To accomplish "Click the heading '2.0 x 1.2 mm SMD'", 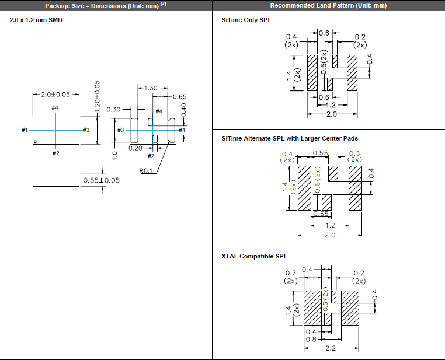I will [x=36, y=20].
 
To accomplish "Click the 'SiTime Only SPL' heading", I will [x=246, y=20].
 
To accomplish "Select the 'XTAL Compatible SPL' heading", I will [x=255, y=256].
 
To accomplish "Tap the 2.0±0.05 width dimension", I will [x=55, y=94].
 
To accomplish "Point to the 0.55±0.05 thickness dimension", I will [x=101, y=180].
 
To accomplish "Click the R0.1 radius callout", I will [x=146, y=171].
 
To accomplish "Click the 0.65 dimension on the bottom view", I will [x=179, y=97].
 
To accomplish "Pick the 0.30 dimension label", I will [x=113, y=109].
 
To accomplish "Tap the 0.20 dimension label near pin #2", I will [x=135, y=148].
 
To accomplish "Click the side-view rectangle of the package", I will [x=55, y=180].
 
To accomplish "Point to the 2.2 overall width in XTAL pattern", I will [x=331, y=348].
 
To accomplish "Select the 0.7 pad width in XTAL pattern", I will [x=291, y=273].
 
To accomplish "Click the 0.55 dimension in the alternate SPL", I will [x=320, y=153].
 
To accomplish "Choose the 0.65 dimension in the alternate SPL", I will [x=321, y=214].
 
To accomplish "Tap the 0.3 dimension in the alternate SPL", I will [x=354, y=153].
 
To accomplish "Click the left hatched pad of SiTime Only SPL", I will [x=312, y=72].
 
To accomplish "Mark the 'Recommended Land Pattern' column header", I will [x=328, y=5].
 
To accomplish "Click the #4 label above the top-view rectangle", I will [x=55, y=108].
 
